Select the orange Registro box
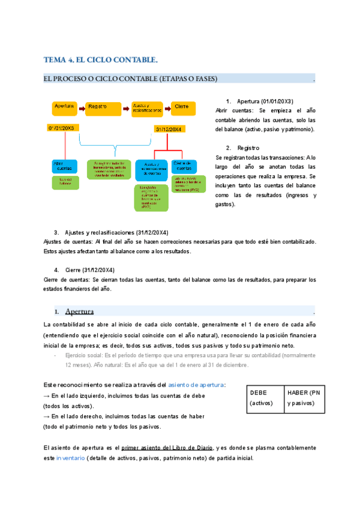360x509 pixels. (103, 108)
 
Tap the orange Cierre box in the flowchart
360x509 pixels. (184, 108)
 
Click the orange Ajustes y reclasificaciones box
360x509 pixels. (146, 108)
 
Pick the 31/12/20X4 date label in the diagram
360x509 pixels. (169, 129)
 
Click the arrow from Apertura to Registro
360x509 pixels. (81, 107)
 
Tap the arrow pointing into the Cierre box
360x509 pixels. (167, 107)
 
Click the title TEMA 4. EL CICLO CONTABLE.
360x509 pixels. (101, 59)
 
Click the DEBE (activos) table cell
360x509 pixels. (265, 397)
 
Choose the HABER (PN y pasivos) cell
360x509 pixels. (304, 397)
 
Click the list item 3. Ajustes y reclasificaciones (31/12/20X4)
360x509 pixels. (111, 232)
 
